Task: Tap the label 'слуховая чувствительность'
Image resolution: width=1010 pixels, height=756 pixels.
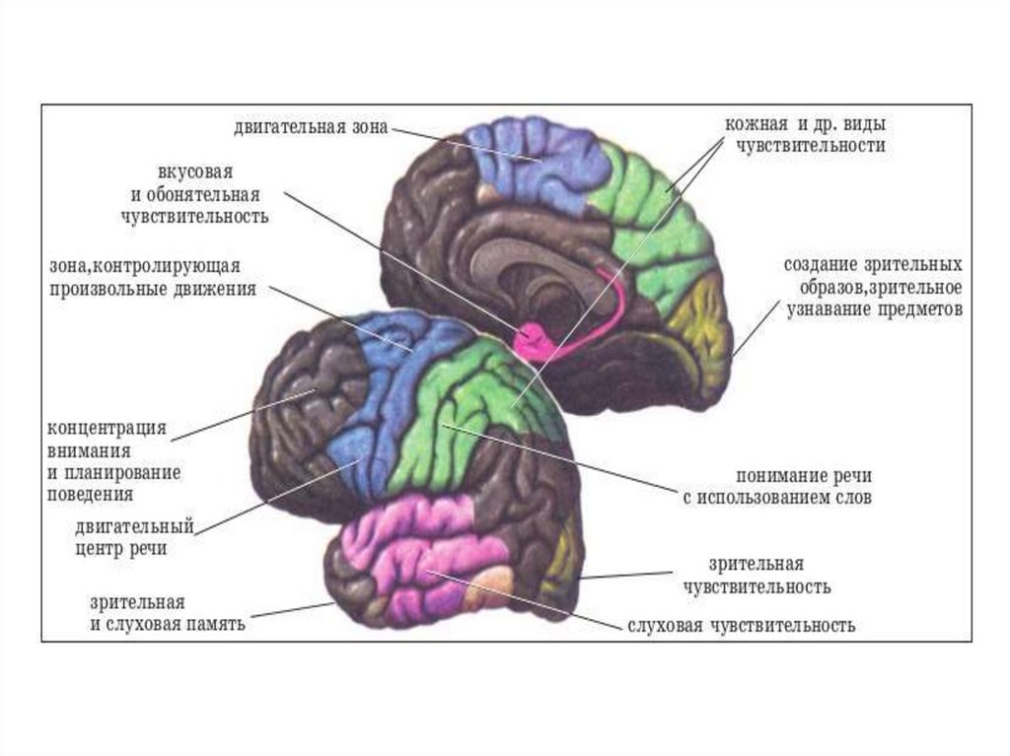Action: click(x=741, y=625)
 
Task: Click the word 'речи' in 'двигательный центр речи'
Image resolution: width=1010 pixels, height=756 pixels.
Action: click(x=145, y=549)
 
